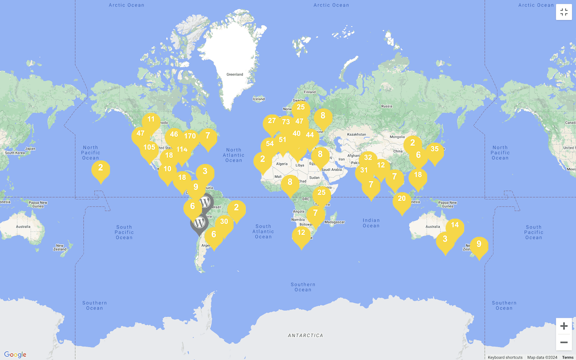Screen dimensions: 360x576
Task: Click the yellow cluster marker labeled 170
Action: click(x=190, y=136)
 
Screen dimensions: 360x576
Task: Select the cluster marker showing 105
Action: click(x=149, y=148)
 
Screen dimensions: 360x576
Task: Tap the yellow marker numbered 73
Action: click(x=286, y=122)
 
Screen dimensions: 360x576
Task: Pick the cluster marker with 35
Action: click(x=434, y=149)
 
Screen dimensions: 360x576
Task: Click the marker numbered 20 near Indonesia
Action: click(x=402, y=199)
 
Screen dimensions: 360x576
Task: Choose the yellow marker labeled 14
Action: click(x=455, y=225)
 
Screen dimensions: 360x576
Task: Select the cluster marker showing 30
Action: click(x=224, y=222)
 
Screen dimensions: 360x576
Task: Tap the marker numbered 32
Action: click(x=368, y=157)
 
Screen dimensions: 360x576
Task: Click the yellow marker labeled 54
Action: click(x=270, y=144)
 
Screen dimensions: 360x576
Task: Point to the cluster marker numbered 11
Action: click(x=151, y=120)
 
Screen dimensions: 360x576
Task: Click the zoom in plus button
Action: click(x=564, y=326)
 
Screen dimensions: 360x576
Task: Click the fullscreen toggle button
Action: click(x=564, y=12)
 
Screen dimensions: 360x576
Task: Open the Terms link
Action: click(x=567, y=357)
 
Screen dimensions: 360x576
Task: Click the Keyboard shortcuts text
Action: click(x=505, y=357)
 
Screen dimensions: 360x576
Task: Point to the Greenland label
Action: click(x=235, y=74)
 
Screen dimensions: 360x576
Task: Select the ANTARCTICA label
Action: click(x=305, y=335)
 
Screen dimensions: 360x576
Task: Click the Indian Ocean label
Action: click(x=371, y=223)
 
